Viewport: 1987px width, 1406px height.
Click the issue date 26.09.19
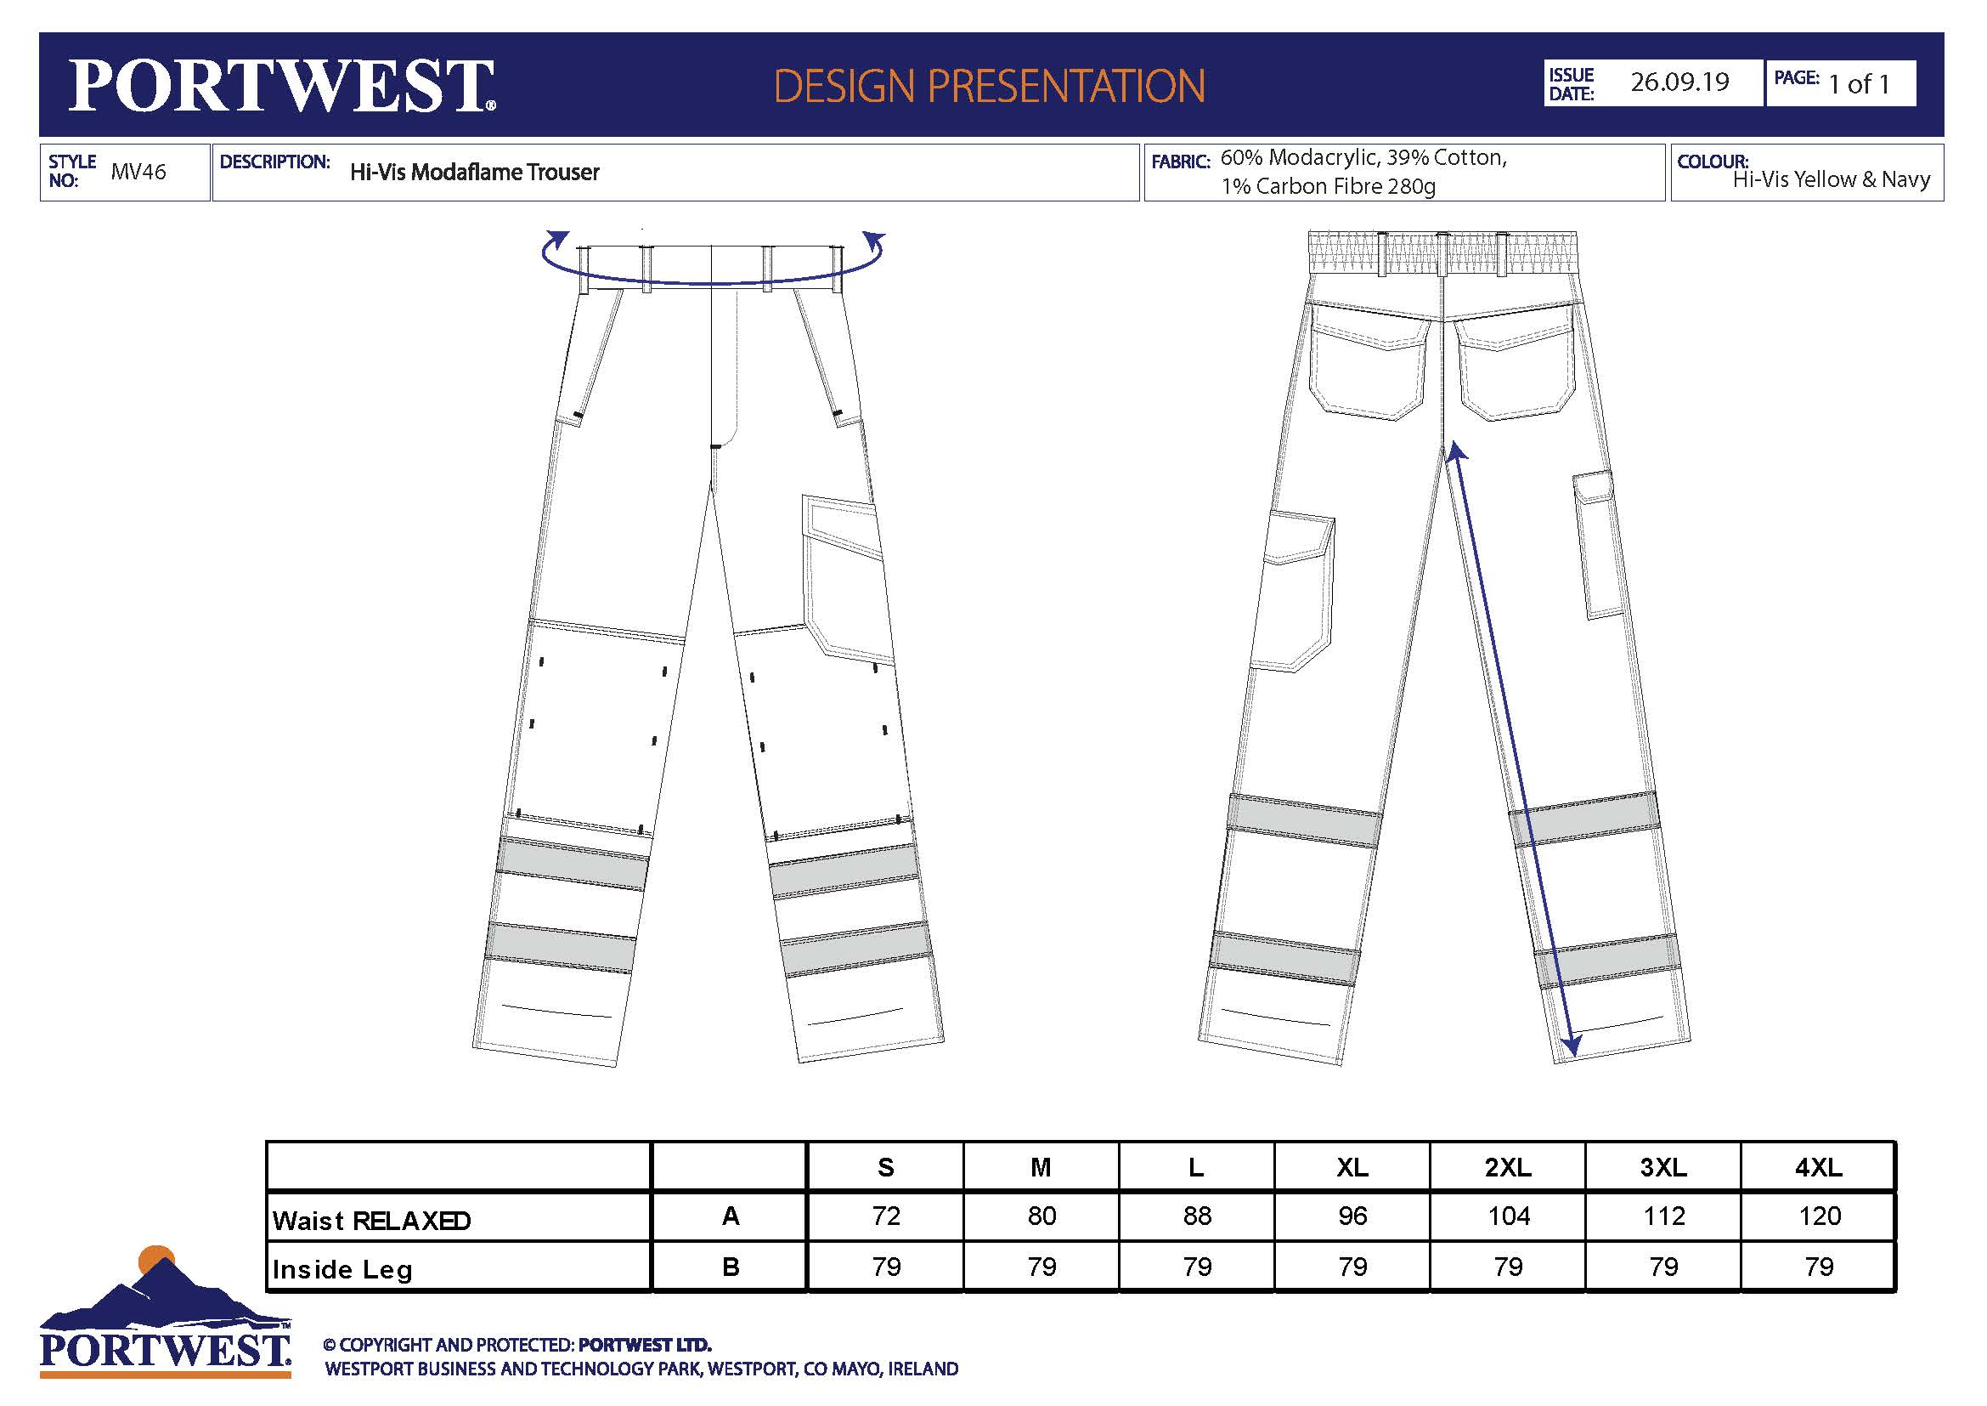pos(1679,82)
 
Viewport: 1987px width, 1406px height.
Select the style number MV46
pos(138,172)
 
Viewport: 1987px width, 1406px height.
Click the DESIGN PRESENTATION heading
pos(989,86)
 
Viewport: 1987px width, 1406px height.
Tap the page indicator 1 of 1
pos(1859,84)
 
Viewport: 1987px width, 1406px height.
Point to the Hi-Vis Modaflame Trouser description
pos(474,173)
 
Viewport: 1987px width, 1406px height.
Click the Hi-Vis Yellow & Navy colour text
pos(1832,179)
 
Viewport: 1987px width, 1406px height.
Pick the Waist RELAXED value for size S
pos(886,1216)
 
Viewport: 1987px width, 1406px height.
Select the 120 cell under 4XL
pos(1819,1216)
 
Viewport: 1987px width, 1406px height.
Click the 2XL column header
pos(1509,1167)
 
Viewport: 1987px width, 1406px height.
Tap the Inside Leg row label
pos(342,1269)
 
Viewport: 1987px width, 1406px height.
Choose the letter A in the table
pos(731,1216)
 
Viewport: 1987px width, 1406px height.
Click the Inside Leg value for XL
pos(1352,1267)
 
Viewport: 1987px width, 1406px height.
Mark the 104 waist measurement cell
pos(1509,1216)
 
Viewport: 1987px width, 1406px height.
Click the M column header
pos(1041,1167)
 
